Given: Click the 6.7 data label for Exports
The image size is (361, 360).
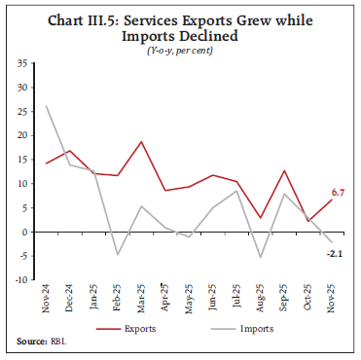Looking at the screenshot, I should coord(339,195).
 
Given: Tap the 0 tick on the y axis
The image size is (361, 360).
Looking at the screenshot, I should coord(24,232).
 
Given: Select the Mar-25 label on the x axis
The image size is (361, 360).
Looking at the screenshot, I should coord(142,298).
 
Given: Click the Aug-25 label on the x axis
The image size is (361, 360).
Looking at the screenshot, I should coord(260,298).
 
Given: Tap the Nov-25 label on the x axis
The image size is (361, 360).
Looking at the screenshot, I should coord(331,298).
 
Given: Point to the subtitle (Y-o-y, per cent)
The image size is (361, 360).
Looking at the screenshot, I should coord(180,48).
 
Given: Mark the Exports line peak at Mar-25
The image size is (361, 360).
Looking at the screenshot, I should coord(142,141).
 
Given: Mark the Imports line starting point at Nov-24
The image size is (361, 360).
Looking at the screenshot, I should coord(47,105).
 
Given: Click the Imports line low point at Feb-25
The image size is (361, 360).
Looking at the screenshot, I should coord(118,255).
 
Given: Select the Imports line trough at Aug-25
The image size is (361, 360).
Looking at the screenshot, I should coord(260,258).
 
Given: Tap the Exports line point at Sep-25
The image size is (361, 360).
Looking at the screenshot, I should coord(283,170).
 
